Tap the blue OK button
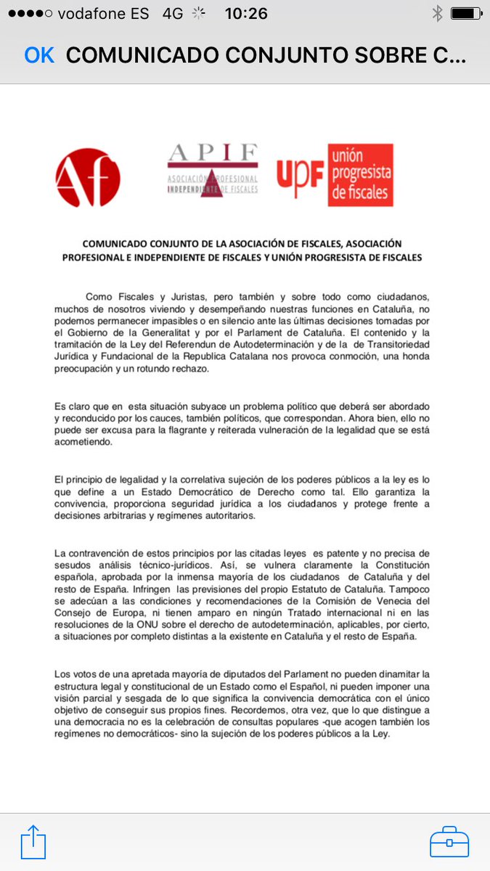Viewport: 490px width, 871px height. pyautogui.click(x=39, y=55)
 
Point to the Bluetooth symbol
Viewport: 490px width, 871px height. pyautogui.click(x=437, y=13)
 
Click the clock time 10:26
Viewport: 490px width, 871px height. pyautogui.click(x=246, y=13)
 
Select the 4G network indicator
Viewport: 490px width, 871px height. pyautogui.click(x=173, y=13)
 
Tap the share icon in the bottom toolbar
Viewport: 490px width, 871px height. pyautogui.click(x=33, y=843)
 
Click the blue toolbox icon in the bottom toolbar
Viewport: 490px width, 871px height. pyautogui.click(x=449, y=842)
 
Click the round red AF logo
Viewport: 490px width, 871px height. pyautogui.click(x=88, y=177)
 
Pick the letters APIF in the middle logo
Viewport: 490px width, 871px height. pyautogui.click(x=213, y=152)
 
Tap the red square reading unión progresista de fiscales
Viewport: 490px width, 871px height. pyautogui.click(x=361, y=175)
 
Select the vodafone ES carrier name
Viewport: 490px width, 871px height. pyautogui.click(x=103, y=13)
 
